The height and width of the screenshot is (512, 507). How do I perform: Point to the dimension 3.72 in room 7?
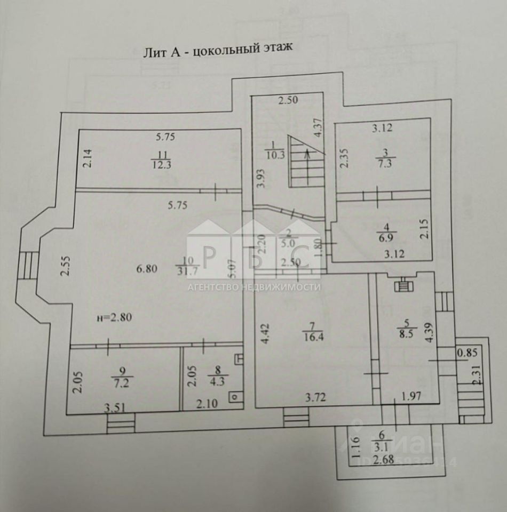pyautogui.click(x=315, y=397)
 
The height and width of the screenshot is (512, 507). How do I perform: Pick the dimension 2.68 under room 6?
pyautogui.click(x=384, y=460)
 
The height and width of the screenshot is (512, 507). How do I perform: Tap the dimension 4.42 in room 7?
pyautogui.click(x=265, y=334)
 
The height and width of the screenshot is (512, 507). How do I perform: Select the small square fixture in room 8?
pyautogui.click(x=234, y=397)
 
